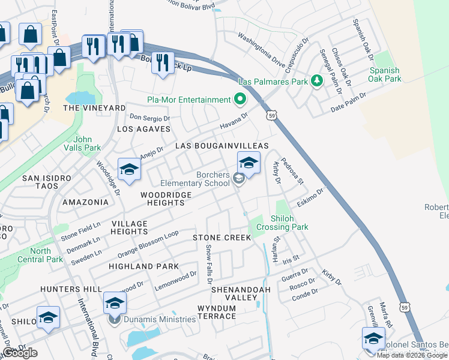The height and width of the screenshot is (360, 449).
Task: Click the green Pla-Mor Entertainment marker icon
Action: pos(240,99)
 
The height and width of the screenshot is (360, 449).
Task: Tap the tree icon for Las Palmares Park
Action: pos(316,81)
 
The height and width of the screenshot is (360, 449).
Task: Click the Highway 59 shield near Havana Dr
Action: pos(271,114)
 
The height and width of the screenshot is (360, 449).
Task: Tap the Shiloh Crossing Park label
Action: pos(282,223)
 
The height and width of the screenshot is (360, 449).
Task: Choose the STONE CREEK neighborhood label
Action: pos(221,238)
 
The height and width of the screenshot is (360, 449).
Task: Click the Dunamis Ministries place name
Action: pos(160,319)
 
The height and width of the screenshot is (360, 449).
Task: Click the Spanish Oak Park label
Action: pos(385,74)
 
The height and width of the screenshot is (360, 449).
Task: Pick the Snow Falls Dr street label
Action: pos(209,264)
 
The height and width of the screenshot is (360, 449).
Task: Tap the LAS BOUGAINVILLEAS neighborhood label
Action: pos(221,146)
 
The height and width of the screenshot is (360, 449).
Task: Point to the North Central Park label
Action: pos(46,255)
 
